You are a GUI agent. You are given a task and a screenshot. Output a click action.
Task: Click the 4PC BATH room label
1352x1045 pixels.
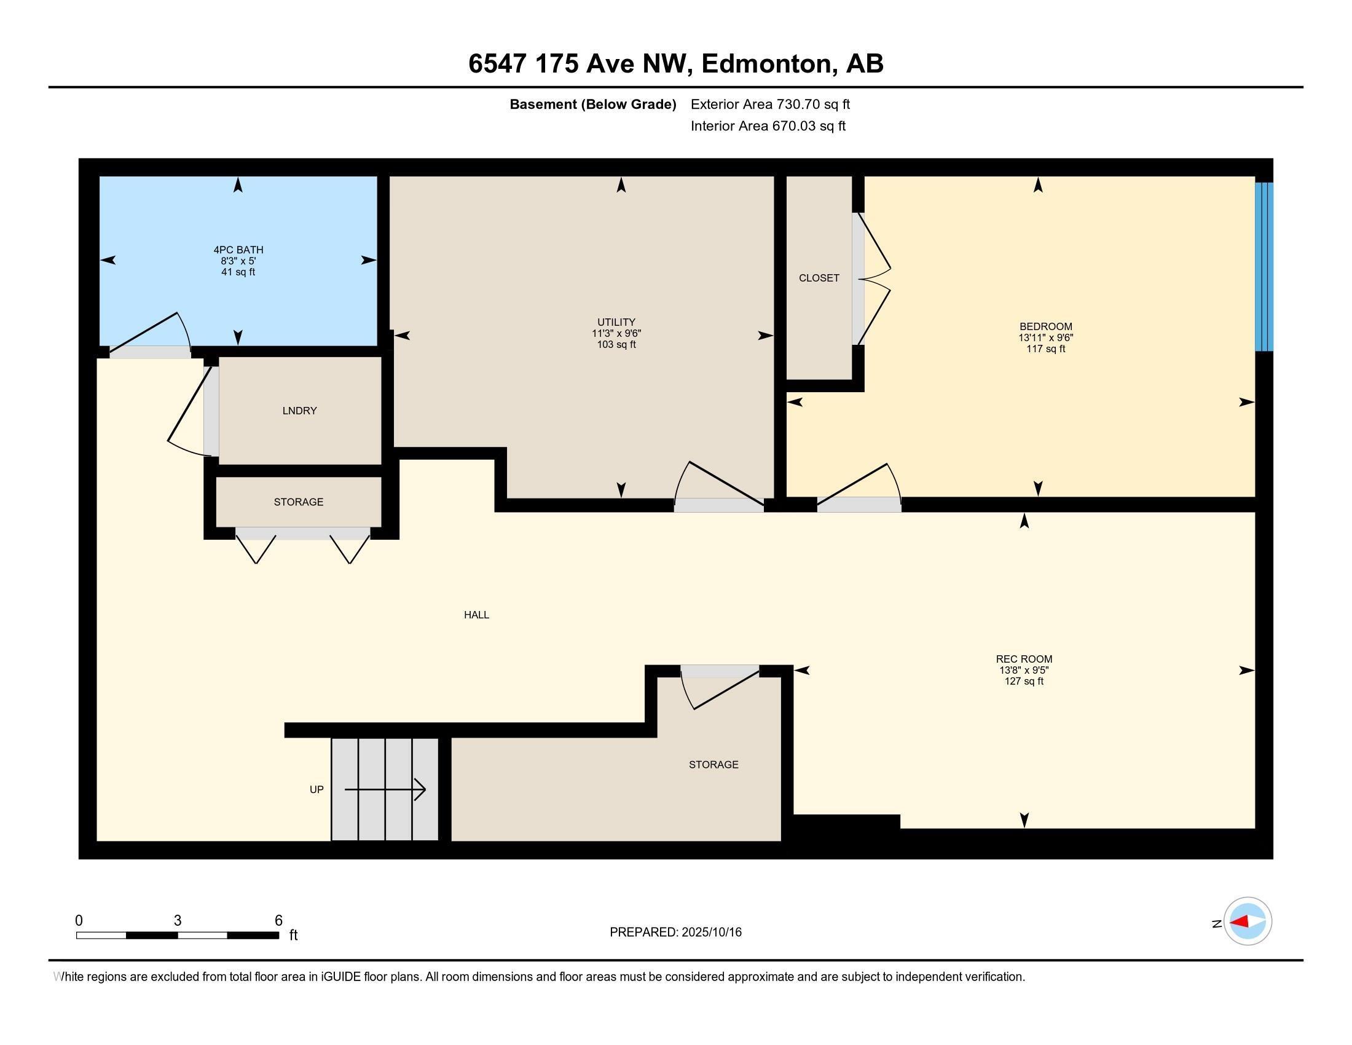coord(238,250)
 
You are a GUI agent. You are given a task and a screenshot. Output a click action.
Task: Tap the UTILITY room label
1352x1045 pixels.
coord(616,322)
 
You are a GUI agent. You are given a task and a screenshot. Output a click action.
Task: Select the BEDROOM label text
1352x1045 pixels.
coord(1045,326)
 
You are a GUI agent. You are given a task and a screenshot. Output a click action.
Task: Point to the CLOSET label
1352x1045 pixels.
coord(819,278)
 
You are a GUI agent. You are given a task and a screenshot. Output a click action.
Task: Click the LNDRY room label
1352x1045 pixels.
coord(300,411)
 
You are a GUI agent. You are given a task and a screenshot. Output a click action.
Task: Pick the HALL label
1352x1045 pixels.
coord(476,615)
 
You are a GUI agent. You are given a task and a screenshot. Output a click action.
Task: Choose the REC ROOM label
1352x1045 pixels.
coord(1023,660)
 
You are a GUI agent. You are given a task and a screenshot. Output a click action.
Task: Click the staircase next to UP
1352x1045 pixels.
coord(385,789)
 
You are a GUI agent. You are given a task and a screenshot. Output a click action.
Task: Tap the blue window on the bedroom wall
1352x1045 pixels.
coord(1264,266)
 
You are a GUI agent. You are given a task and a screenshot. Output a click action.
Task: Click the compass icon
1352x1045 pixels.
coord(1248,921)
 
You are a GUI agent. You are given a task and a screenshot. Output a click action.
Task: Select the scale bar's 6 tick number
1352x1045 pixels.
coord(278,921)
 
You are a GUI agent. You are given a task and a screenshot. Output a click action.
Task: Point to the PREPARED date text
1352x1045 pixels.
coord(675,933)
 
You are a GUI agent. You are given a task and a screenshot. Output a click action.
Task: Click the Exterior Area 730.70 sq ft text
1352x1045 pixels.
coord(770,104)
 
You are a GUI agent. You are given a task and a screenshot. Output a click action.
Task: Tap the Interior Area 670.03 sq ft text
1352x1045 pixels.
coord(768,126)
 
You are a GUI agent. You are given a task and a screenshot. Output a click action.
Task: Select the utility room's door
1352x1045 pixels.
coord(718,489)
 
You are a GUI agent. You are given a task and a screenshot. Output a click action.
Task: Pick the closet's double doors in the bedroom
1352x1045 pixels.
coord(873,278)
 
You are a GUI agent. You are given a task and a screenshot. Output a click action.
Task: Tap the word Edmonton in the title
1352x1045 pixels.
coord(766,64)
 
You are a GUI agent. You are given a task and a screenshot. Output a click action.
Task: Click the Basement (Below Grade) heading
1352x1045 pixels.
coord(592,104)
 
